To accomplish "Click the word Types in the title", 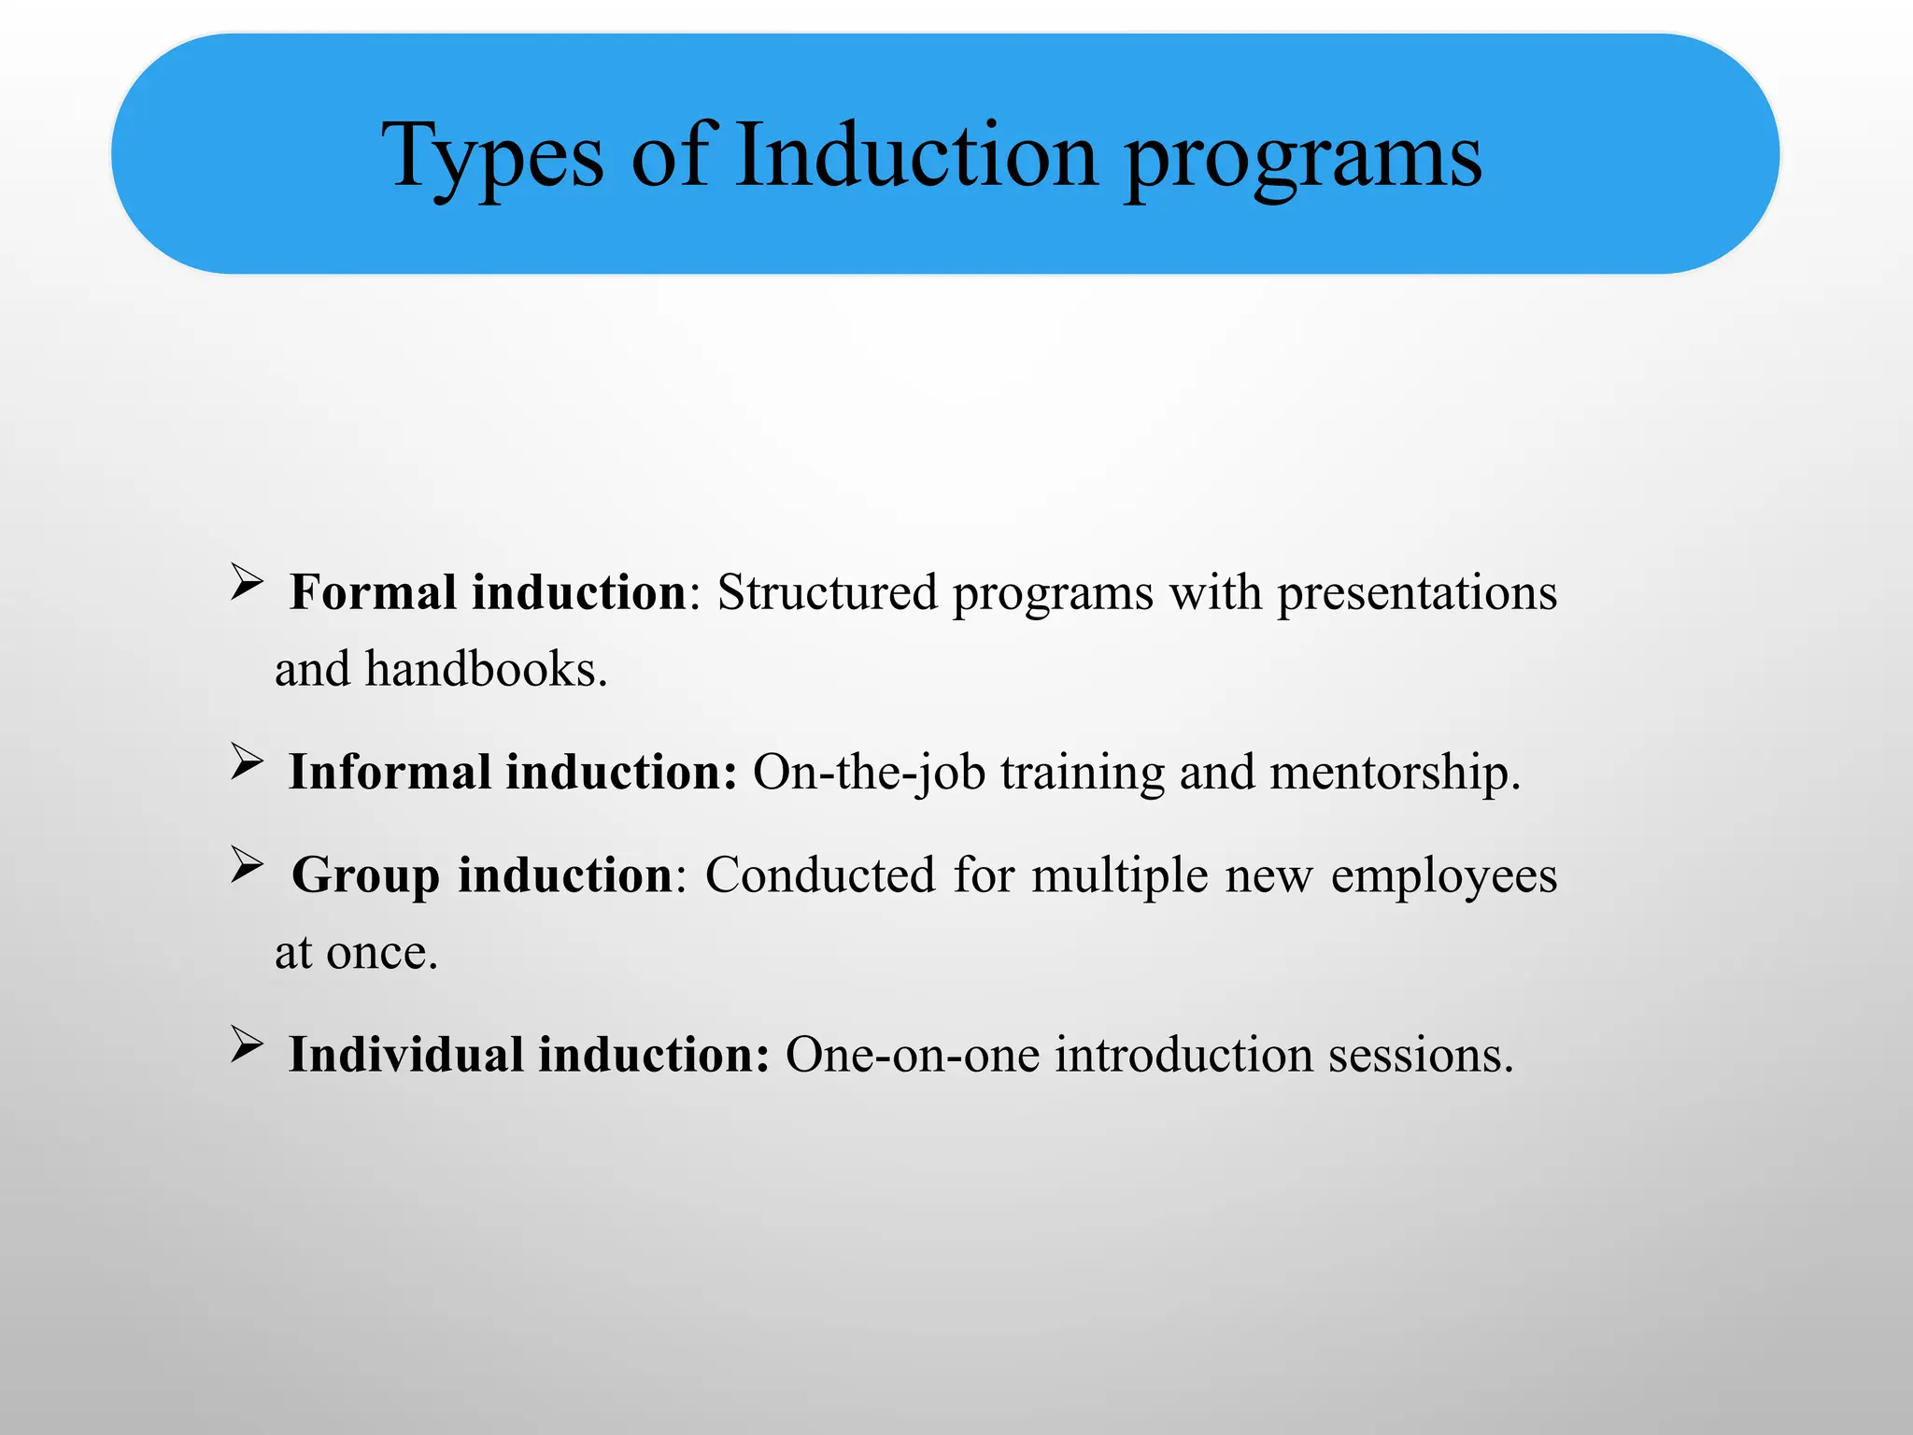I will coord(492,157).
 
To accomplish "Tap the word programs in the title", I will coord(1302,157).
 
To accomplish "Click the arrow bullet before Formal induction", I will coord(247,583).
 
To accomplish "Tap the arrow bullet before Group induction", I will coord(247,865).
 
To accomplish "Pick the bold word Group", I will coord(365,876).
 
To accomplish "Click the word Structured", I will coord(827,592).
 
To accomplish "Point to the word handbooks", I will coord(486,669).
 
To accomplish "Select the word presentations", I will coord(1416,592).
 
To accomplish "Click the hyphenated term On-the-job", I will coord(869,774).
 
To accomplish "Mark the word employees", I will coord(1443,876).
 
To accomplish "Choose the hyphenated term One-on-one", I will coord(912,1055).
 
